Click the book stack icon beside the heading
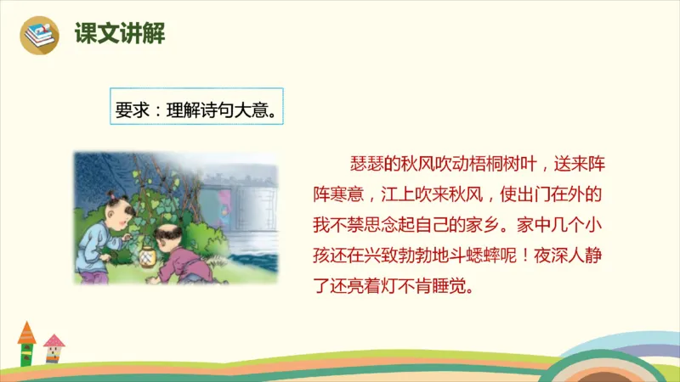pos(38,35)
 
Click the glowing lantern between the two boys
pos(150,254)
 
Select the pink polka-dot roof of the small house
pos(54,340)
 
